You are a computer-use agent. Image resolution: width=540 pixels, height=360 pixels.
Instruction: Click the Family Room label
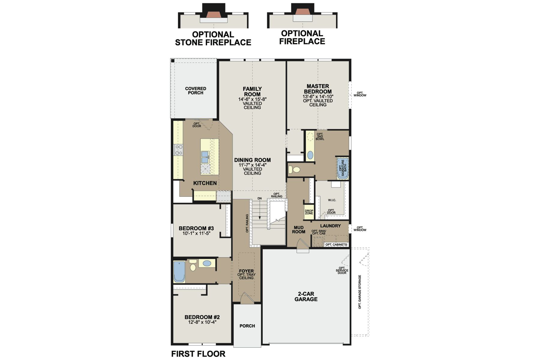coord(252,91)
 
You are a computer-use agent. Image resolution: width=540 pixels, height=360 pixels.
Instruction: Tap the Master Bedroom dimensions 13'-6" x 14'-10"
coord(318,97)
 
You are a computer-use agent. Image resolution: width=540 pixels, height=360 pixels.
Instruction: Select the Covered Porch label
coord(196,91)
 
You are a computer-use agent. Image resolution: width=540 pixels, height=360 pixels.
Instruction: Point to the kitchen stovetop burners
coord(178,150)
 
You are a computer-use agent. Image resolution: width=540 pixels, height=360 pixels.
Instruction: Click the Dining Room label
coord(252,160)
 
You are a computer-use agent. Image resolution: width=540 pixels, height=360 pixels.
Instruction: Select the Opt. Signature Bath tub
coord(343,168)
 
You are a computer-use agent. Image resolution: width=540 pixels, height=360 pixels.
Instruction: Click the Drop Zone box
coord(309,212)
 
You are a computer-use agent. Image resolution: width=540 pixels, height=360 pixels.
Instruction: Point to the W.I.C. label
coord(332,200)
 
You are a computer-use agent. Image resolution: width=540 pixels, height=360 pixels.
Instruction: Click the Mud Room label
coord(298,230)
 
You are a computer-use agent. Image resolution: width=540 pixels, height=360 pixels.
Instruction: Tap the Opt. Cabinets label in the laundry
coord(336,245)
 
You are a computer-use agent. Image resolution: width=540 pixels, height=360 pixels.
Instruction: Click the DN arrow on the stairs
coord(260,210)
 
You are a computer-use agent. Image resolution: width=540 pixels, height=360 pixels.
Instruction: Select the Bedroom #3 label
coord(196,228)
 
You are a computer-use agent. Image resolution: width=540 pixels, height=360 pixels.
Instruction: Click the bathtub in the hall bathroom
coord(179,272)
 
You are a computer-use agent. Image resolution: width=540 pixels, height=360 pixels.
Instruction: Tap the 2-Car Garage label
coord(306,297)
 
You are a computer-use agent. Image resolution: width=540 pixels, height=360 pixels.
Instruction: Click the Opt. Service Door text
coord(342,270)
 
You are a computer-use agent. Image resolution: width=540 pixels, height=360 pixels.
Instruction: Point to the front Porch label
coord(247,326)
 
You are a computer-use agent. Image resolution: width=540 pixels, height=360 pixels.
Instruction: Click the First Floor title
coord(198,354)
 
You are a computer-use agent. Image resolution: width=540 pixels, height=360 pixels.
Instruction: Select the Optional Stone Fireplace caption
coord(213,38)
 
